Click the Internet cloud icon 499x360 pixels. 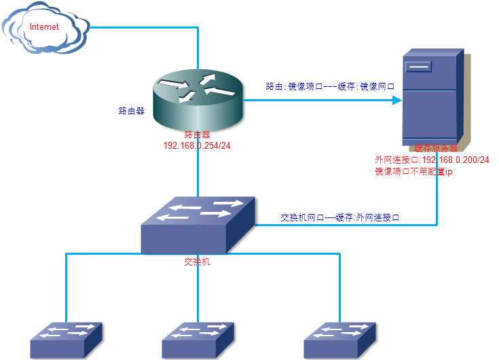[45, 30]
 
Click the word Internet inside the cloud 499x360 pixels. [43, 27]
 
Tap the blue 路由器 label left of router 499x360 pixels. [132, 111]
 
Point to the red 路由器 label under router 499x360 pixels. [198, 135]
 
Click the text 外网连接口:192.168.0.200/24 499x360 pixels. [432, 160]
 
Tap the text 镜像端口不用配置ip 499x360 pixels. [413, 172]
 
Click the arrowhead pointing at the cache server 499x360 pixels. [396, 101]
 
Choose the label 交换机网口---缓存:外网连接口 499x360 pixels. [339, 218]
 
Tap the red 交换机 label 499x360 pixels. [198, 261]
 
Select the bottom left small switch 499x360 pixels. [66, 340]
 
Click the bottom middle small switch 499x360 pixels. [198, 340]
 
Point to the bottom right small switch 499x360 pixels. [339, 340]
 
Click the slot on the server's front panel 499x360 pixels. [419, 67]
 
